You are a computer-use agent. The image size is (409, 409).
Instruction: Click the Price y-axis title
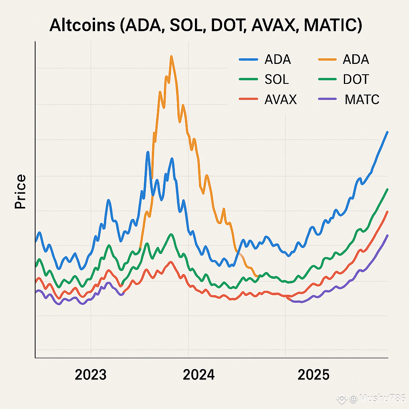pos(20,192)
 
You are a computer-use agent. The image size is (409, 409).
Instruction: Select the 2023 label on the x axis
pos(91,375)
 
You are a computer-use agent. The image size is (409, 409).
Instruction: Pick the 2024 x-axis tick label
pos(199,375)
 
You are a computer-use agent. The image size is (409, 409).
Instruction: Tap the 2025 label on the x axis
pos(314,375)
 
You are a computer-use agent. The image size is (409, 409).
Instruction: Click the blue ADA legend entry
pos(278,60)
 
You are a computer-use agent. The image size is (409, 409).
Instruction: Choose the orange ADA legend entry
pos(355,60)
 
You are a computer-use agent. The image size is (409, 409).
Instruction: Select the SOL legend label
pos(276,79)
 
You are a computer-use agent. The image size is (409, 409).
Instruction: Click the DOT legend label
pos(355,79)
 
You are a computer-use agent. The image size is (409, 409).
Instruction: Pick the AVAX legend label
pos(280,99)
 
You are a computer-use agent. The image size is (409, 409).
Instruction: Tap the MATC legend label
pos(362,99)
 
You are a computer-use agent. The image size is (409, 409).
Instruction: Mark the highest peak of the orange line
pos(171,56)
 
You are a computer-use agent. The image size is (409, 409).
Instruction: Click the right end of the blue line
pos(387,132)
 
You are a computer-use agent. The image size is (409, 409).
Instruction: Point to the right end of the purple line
pos(387,235)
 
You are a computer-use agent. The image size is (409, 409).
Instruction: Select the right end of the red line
pos(387,212)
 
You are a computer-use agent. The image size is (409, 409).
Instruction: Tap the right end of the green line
pos(387,189)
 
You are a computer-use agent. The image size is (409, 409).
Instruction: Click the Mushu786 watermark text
pos(377,398)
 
